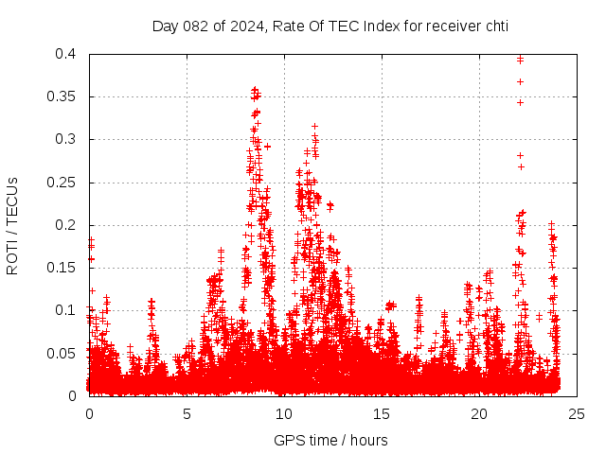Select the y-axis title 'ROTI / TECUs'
coord(12,225)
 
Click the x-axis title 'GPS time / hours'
coord(330,440)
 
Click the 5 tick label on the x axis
coord(187,414)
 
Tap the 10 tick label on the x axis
coord(285,414)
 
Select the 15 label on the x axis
coord(383,414)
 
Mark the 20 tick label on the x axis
coord(480,414)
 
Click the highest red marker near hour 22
coord(520,60)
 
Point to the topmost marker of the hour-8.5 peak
coord(255,89)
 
